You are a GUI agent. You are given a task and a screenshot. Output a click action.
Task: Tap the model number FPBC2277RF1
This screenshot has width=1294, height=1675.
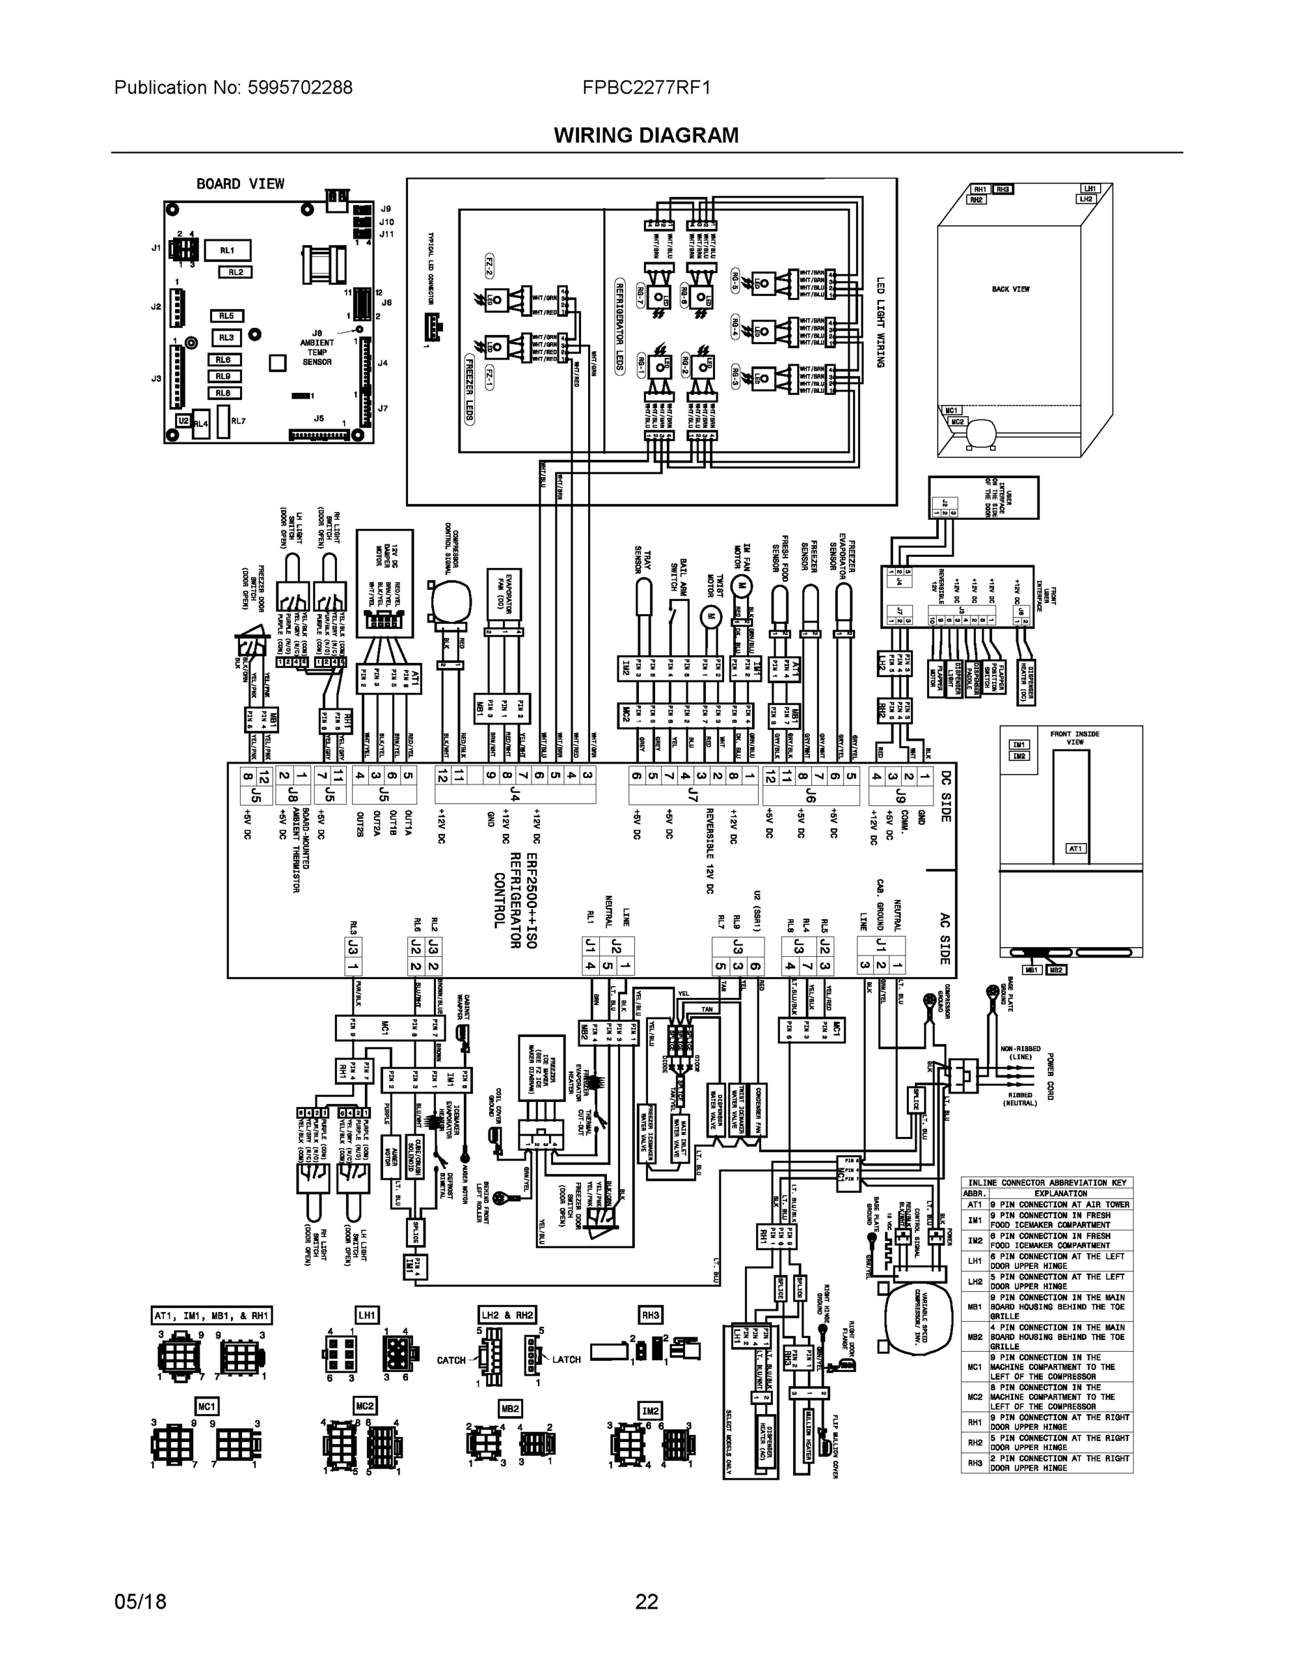[x=646, y=87]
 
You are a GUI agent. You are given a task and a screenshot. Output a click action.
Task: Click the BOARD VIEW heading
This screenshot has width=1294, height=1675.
[x=240, y=184]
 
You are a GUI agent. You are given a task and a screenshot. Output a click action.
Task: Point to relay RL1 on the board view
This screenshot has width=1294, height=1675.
[x=227, y=250]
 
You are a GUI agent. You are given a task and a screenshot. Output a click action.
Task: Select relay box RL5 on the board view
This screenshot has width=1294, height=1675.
[x=226, y=316]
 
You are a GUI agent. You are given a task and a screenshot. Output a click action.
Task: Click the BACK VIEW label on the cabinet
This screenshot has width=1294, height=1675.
[x=1010, y=289]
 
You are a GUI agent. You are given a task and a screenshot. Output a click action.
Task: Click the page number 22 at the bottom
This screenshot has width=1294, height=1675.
[x=646, y=1602]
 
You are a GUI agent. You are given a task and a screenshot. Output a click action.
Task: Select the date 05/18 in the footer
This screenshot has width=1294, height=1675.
[x=140, y=1602]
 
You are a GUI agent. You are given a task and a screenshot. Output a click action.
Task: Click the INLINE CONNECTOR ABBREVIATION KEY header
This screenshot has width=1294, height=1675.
[x=1047, y=1183]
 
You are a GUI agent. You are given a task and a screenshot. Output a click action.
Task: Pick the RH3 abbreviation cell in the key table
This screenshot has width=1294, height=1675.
[x=975, y=1463]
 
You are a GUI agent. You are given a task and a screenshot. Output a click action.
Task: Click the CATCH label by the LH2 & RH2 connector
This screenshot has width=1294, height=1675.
[x=451, y=1360]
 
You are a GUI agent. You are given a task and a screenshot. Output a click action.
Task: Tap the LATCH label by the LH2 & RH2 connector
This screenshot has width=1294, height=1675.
[x=566, y=1359]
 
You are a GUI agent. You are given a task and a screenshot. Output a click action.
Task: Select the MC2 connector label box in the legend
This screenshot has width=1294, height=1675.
[x=365, y=1406]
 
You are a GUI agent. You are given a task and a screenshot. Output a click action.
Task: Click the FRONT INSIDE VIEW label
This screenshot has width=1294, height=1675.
[x=1075, y=738]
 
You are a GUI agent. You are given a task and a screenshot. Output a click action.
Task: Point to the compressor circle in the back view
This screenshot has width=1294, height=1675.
[x=979, y=434]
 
